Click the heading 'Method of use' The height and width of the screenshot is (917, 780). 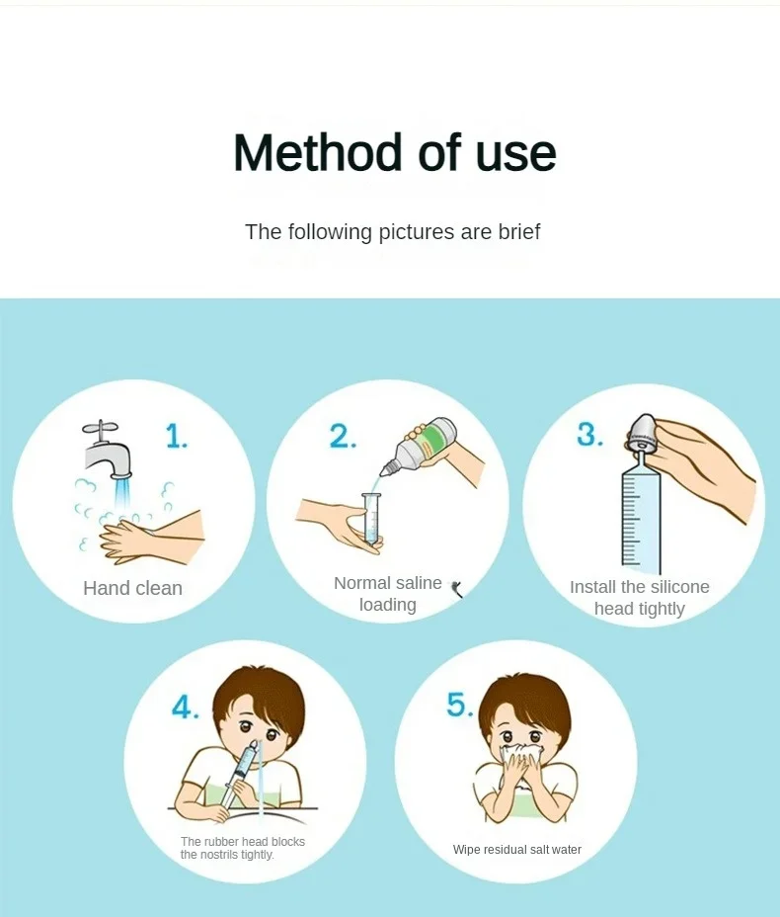pyautogui.click(x=394, y=153)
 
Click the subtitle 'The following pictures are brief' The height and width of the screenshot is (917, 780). pyautogui.click(x=392, y=232)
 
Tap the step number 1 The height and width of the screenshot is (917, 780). pyautogui.click(x=176, y=436)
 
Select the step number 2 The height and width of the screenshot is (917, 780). pyautogui.click(x=343, y=436)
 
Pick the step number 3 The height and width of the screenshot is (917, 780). pyautogui.click(x=590, y=435)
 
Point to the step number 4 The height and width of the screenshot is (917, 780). pyautogui.click(x=186, y=708)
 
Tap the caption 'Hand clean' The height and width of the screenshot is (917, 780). pyautogui.click(x=132, y=588)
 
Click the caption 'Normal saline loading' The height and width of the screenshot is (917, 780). pyautogui.click(x=387, y=594)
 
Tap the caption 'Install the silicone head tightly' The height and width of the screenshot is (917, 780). pyautogui.click(x=639, y=598)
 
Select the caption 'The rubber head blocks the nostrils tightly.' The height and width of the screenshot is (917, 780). pyautogui.click(x=242, y=848)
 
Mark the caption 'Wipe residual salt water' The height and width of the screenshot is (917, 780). pyautogui.click(x=516, y=850)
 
